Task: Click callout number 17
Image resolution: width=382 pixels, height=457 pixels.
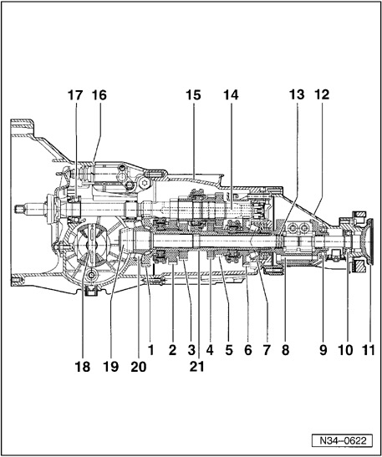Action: (75, 95)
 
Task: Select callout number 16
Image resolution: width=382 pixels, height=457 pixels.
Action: (99, 95)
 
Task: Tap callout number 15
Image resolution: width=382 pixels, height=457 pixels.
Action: (193, 95)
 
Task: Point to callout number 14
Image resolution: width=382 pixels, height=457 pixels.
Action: (231, 95)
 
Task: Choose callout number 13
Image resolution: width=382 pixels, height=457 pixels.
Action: (297, 94)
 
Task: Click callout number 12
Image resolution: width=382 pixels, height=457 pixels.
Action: (322, 94)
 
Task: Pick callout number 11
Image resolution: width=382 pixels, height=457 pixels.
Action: (369, 350)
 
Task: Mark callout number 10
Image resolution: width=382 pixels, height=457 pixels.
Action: (345, 350)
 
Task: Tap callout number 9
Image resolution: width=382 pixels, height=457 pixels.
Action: (323, 350)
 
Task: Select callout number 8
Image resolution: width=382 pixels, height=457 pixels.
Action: (285, 350)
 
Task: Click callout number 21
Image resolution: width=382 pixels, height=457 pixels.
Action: (196, 367)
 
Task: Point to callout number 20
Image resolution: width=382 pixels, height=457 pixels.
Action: (138, 367)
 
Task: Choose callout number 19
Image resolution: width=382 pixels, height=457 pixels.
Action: (110, 367)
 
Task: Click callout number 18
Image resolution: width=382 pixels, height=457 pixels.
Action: (83, 367)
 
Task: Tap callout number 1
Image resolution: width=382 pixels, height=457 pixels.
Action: (150, 350)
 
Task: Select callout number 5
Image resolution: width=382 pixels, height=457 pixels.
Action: (229, 350)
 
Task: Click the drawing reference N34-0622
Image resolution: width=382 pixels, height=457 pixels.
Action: (343, 440)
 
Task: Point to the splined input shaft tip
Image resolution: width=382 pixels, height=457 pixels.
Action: (19, 209)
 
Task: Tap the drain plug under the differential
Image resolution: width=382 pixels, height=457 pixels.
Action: (91, 289)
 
